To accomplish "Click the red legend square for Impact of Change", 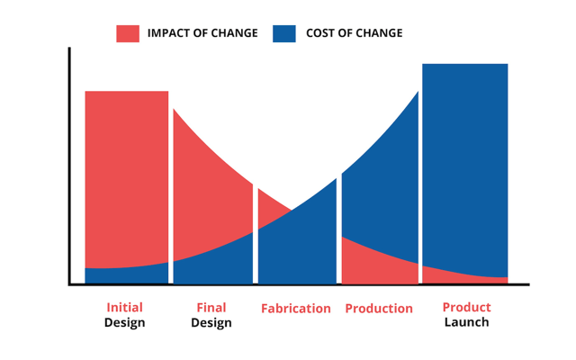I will [x=128, y=33].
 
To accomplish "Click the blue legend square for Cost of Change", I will [x=285, y=33].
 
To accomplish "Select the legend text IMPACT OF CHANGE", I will [x=202, y=33].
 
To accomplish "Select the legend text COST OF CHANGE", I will [x=355, y=33].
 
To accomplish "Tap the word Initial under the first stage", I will [x=124, y=308].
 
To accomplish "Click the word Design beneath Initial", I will [x=124, y=323].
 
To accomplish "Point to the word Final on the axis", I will [x=211, y=308].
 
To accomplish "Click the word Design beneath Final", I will [x=211, y=323].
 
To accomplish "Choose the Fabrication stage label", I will [x=296, y=309].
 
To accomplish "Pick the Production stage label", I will [x=379, y=309].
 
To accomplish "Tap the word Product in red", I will [x=466, y=308].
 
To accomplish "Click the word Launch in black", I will [x=466, y=322].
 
